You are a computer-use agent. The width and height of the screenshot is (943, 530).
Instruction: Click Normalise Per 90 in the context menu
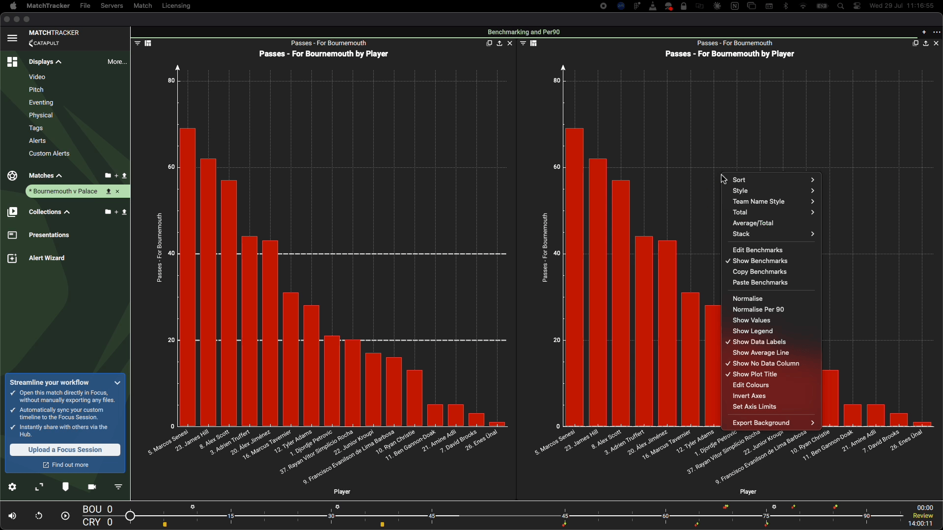(x=758, y=310)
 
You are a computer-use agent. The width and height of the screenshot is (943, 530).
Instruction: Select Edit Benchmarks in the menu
(x=757, y=250)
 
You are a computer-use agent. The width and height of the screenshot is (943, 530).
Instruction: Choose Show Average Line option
(x=761, y=353)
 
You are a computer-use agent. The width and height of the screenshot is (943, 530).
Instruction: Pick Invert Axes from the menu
(x=749, y=396)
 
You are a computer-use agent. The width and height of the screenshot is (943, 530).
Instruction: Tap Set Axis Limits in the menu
(x=754, y=407)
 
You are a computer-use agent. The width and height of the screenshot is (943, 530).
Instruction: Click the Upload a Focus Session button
(x=65, y=450)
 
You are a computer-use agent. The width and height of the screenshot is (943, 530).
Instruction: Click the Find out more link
(x=66, y=465)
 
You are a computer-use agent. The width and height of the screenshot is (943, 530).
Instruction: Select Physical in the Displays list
(x=41, y=116)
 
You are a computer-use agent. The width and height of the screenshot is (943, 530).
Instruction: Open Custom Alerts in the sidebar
(x=49, y=154)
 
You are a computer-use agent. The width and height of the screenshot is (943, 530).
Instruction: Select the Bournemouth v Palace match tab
(x=63, y=191)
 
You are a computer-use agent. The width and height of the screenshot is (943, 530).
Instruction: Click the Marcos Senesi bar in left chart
(x=188, y=277)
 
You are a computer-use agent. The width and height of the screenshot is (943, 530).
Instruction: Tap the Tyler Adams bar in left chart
(x=311, y=366)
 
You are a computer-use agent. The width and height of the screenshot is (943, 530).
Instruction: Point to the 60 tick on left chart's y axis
(x=171, y=167)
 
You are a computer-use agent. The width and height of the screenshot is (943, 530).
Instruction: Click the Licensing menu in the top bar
(x=176, y=6)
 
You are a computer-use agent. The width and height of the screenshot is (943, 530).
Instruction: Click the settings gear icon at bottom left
(x=12, y=487)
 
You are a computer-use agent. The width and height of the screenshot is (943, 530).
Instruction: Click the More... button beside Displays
(x=117, y=62)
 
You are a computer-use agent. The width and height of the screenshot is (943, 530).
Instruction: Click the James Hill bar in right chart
(x=598, y=292)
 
